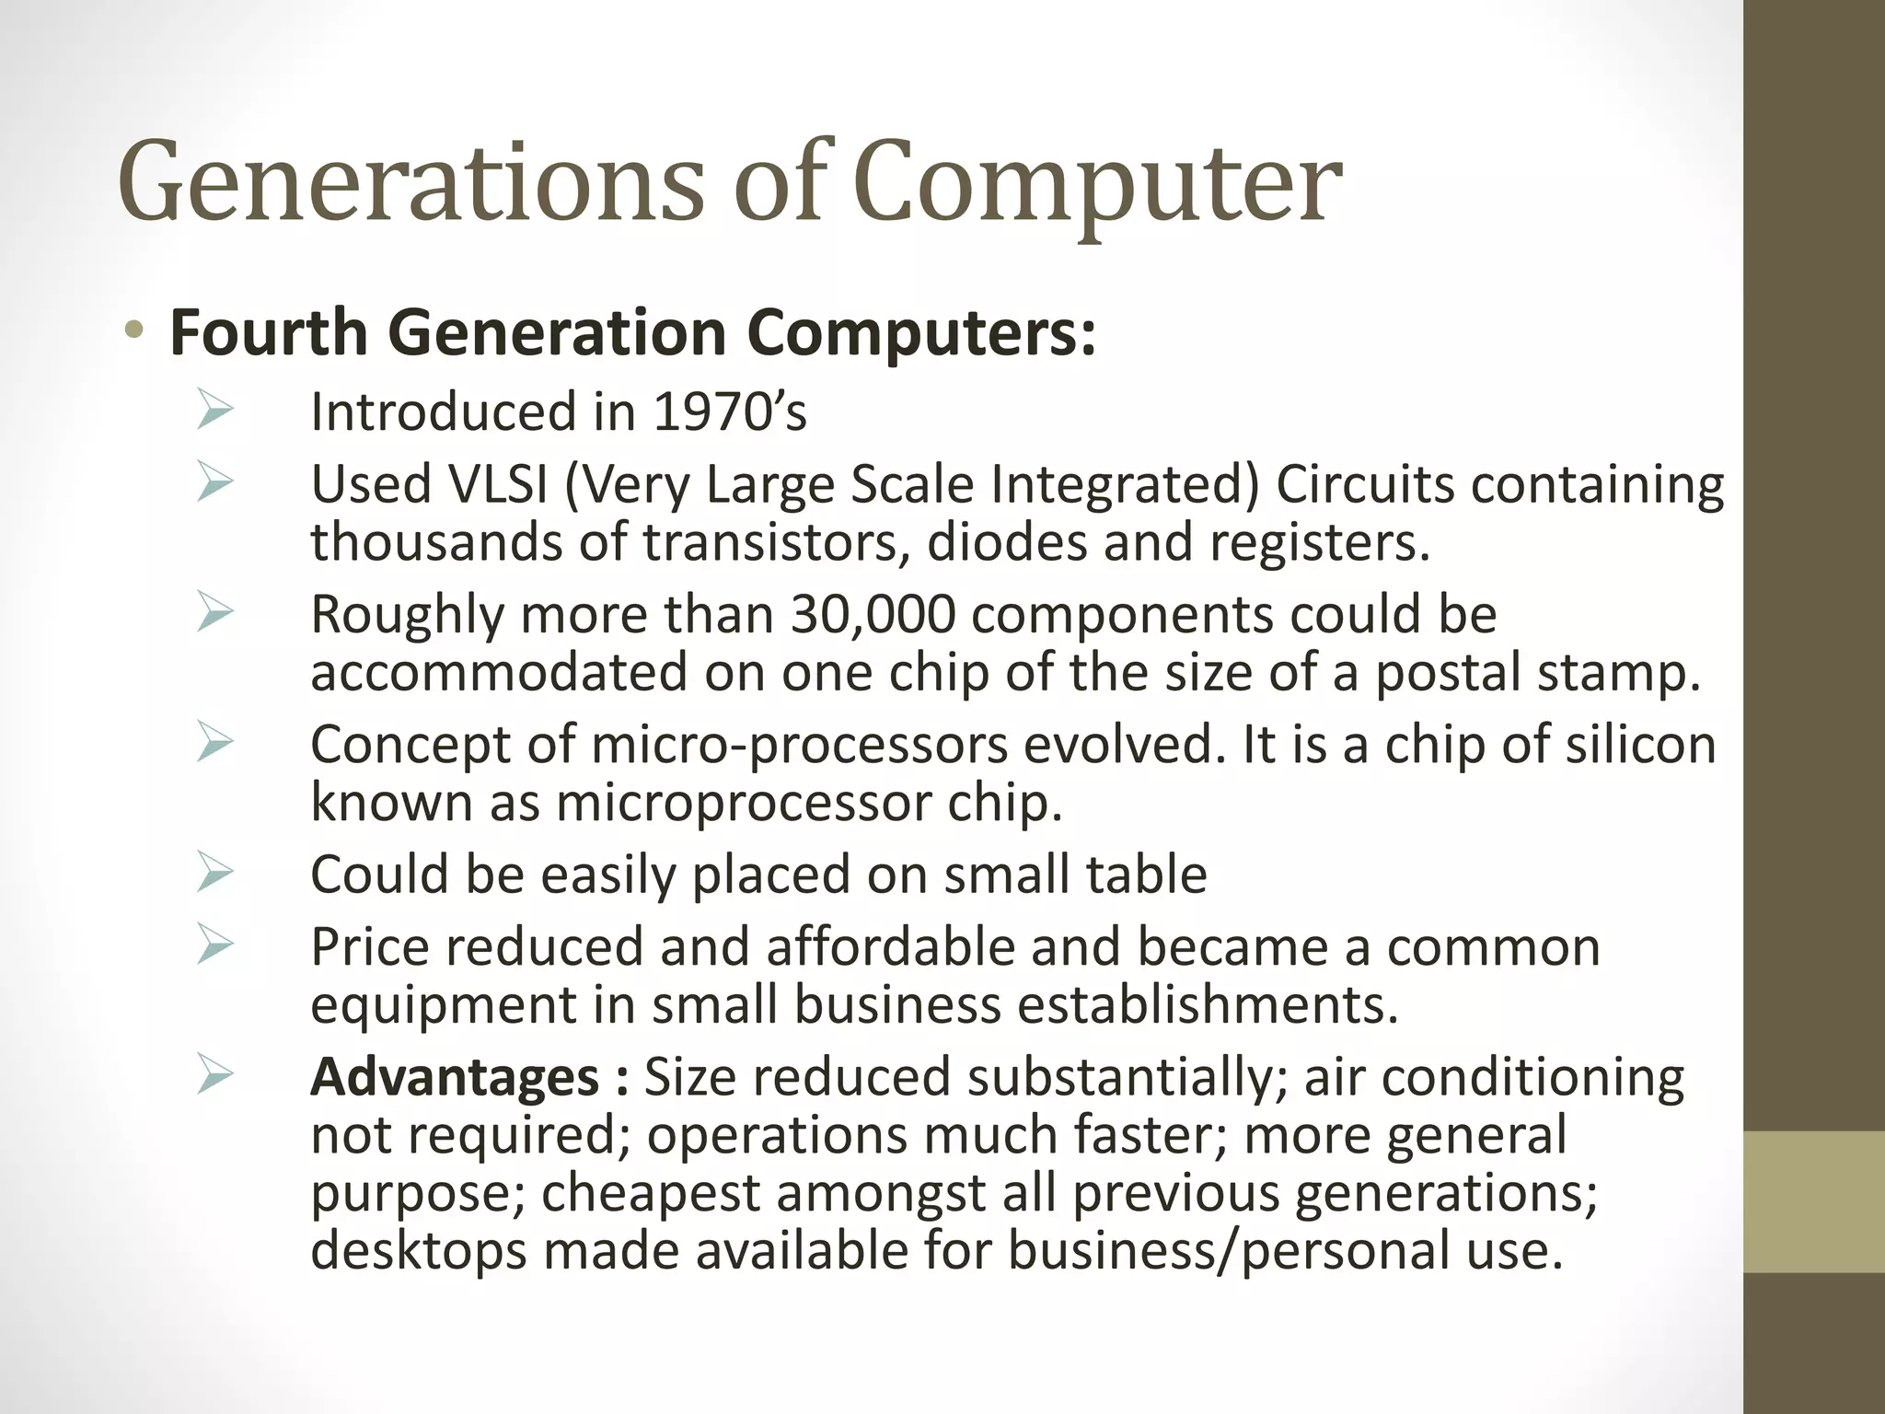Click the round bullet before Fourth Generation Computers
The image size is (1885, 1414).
pyautogui.click(x=135, y=330)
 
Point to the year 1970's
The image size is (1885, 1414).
pyautogui.click(x=729, y=411)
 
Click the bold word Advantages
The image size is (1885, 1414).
pyautogui.click(x=455, y=1077)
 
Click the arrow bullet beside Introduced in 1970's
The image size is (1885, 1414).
pyautogui.click(x=215, y=411)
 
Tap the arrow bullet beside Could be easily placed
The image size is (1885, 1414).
pyautogui.click(x=215, y=874)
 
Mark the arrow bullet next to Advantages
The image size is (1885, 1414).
pyautogui.click(x=215, y=1076)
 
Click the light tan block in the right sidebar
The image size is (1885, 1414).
pyautogui.click(x=1813, y=1201)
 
